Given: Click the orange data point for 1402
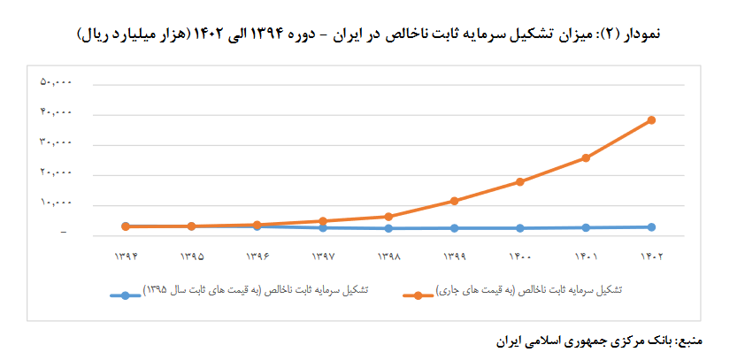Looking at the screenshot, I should click(651, 120).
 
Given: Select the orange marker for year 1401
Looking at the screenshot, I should click(586, 158).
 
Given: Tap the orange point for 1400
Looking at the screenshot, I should click(520, 182).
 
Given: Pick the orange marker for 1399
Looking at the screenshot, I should click(455, 201).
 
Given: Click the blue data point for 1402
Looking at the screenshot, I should click(651, 227).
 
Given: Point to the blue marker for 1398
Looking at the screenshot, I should click(389, 228).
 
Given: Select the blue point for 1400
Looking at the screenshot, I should click(520, 228).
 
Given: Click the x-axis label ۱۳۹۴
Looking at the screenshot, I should click(127, 257).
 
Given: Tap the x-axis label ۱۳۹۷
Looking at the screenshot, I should click(323, 257).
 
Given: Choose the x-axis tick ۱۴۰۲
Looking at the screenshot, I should click(651, 257).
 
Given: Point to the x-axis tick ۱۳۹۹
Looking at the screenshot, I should click(455, 257).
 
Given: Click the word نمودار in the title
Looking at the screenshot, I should click(640, 34).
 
